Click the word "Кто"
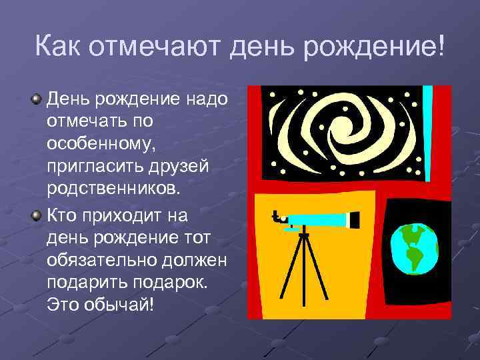tap(61, 215)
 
